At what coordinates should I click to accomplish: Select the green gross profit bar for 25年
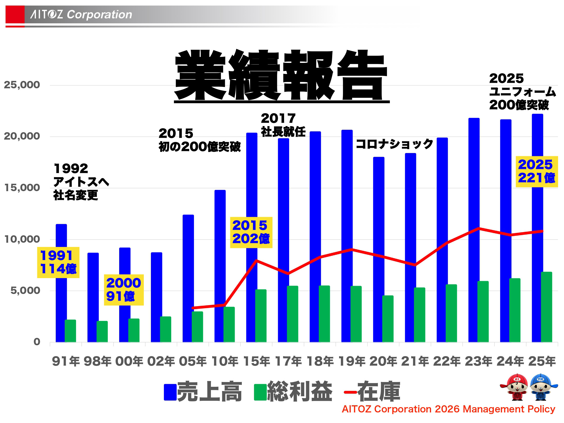click(x=546, y=307)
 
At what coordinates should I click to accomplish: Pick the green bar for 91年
click(x=70, y=331)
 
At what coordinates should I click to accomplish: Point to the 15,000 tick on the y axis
click(x=22, y=188)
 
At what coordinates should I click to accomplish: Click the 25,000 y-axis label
click(x=22, y=85)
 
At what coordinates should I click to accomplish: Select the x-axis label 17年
click(x=288, y=361)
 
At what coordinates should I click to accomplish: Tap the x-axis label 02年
click(x=161, y=361)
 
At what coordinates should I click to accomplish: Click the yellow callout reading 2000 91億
click(x=124, y=290)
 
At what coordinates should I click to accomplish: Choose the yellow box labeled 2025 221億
click(x=537, y=171)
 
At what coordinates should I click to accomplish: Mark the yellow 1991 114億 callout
click(x=58, y=262)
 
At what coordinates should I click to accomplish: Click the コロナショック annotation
click(x=394, y=144)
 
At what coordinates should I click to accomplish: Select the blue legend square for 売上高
click(x=170, y=392)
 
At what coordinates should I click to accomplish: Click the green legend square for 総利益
click(x=260, y=392)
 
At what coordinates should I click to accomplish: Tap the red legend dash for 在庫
click(x=350, y=392)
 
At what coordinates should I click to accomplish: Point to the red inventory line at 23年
click(x=479, y=228)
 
